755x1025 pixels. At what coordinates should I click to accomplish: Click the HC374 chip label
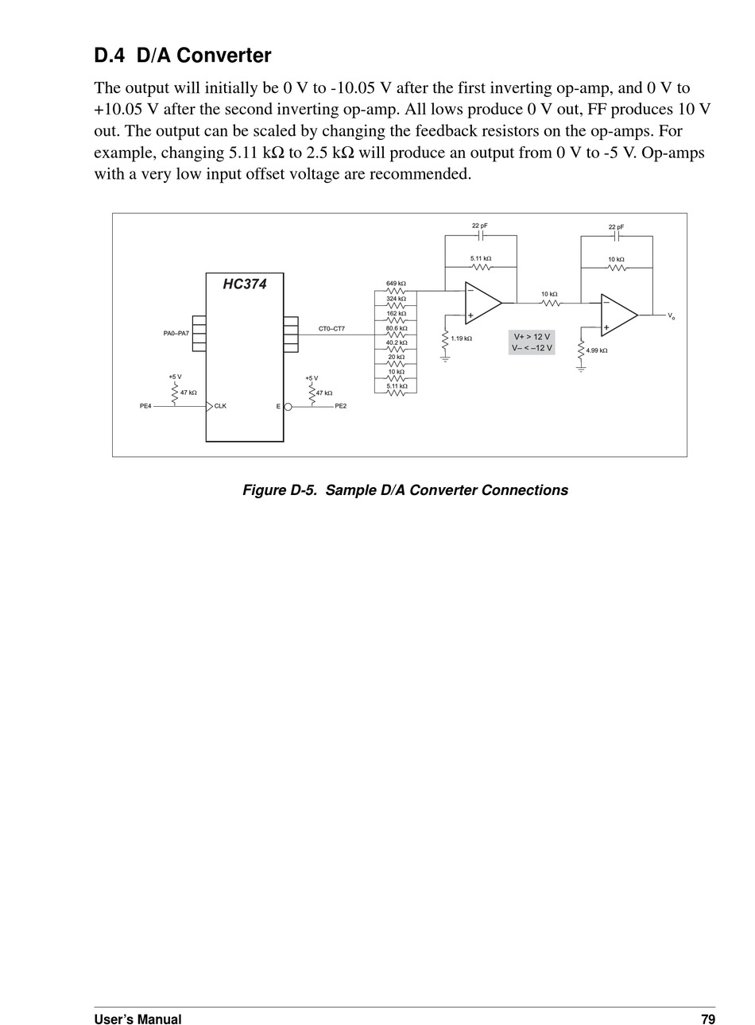[244, 284]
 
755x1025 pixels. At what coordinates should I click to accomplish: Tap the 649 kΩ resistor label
[397, 284]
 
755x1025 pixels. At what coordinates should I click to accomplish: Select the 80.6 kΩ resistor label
[397, 328]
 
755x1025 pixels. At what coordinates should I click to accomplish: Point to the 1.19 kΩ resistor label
[461, 338]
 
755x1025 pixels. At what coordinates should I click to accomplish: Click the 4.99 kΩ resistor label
[597, 350]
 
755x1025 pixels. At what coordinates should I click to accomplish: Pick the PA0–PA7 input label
[176, 333]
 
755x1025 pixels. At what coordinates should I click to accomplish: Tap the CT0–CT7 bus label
[331, 328]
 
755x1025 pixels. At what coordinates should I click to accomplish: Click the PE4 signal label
[145, 406]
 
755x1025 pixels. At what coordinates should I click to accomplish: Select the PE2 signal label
[341, 406]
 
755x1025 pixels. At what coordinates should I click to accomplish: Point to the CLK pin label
[220, 406]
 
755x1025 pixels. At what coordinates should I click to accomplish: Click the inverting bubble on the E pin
[288, 406]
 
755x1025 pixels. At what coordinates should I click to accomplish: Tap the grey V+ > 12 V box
[532, 342]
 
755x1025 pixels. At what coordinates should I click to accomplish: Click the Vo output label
[671, 315]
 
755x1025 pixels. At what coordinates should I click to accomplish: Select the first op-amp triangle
[484, 303]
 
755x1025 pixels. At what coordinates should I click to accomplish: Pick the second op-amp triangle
[620, 315]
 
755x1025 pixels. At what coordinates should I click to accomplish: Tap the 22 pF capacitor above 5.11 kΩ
[481, 236]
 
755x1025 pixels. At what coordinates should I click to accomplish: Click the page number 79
[708, 1019]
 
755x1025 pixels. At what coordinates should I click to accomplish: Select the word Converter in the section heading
[224, 56]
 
